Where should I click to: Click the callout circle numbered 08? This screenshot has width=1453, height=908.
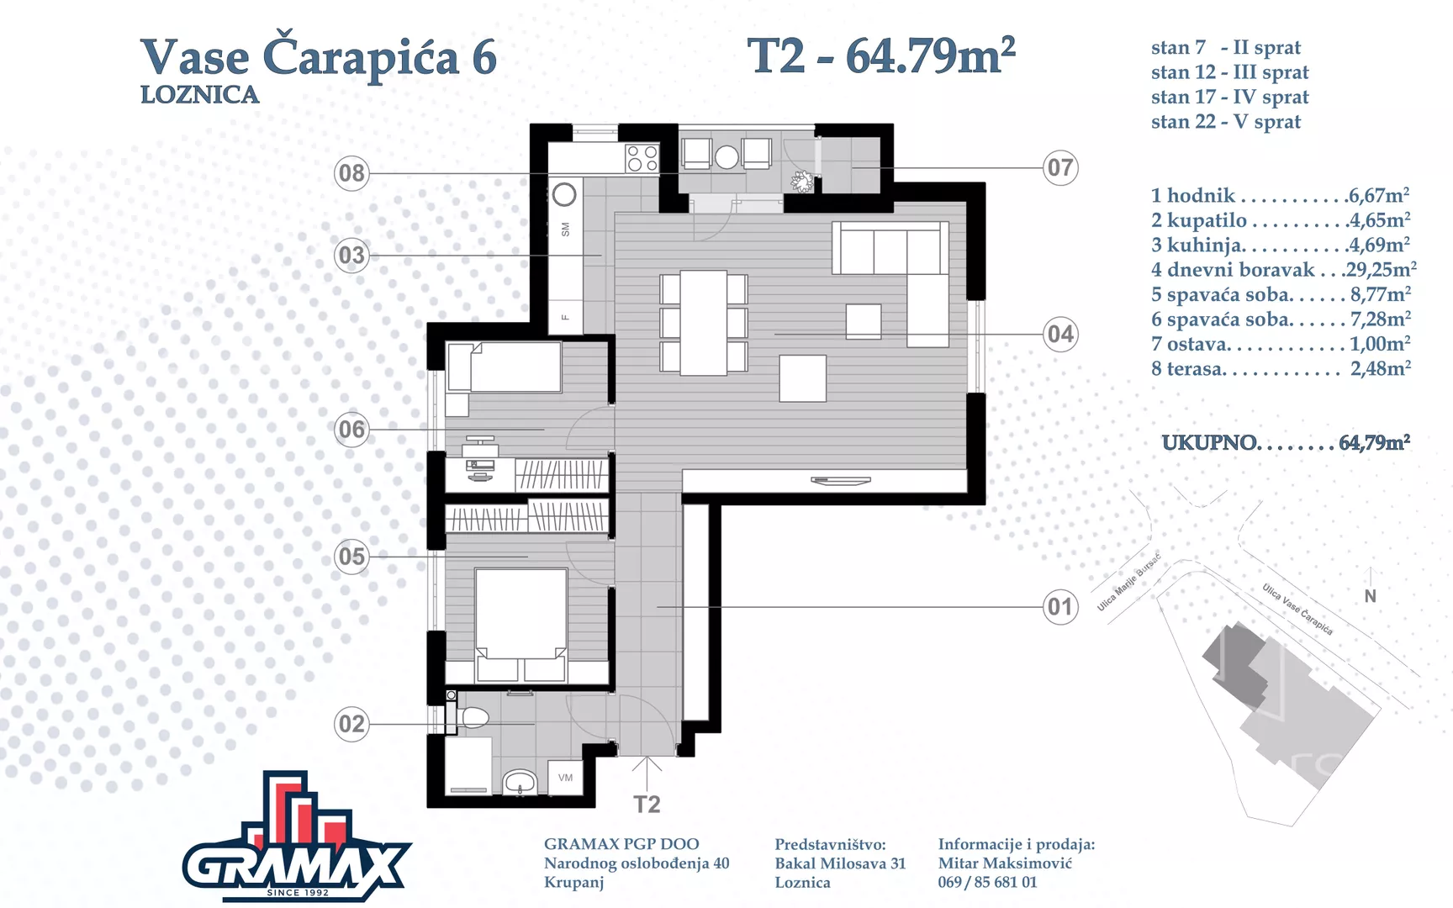[351, 173]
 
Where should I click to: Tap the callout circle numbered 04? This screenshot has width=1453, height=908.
[1060, 334]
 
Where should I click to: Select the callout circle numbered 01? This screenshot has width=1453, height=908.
[1060, 606]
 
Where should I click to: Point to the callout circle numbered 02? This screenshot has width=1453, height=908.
[351, 724]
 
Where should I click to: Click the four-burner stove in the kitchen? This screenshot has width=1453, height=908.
[642, 158]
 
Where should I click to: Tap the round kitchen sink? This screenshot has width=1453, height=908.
[564, 195]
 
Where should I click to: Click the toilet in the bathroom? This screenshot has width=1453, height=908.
[468, 717]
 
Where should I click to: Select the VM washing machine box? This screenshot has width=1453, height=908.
[565, 778]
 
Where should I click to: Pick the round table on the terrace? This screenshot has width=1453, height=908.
[726, 156]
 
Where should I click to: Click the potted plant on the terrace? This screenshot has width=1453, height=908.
[802, 182]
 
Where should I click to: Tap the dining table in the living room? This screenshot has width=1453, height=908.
[704, 323]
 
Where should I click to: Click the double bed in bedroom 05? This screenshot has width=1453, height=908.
[521, 625]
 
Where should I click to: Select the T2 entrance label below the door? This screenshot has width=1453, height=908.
[647, 805]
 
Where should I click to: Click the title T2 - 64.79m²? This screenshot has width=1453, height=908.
[881, 56]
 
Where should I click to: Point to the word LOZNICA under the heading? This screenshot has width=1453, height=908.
[199, 95]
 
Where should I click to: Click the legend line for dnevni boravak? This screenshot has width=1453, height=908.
[1283, 270]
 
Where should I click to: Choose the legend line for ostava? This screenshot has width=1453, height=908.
[1281, 344]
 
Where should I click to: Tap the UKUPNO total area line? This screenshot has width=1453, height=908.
[1286, 443]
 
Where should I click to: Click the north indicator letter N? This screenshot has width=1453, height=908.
[1371, 596]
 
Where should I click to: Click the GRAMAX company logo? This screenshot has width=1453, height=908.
[297, 837]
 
